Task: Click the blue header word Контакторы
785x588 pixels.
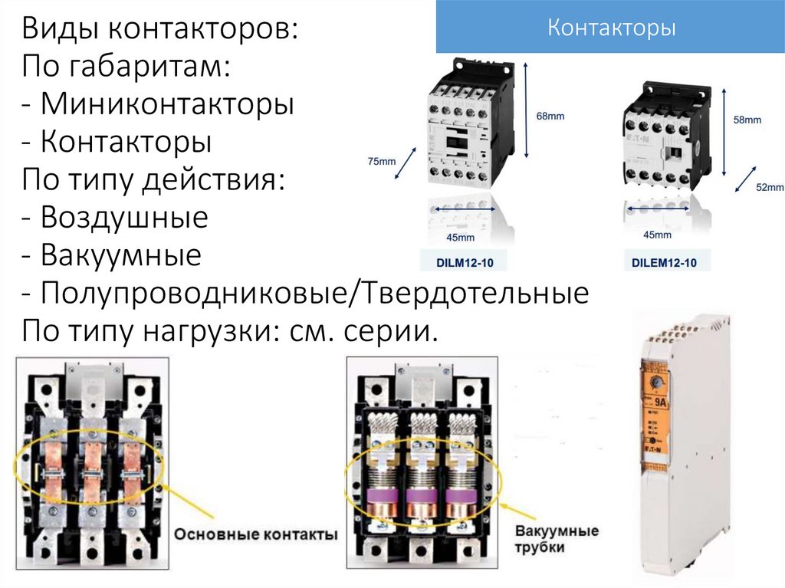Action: (611, 29)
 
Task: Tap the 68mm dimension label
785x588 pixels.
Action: (550, 116)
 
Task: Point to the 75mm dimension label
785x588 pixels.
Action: (382, 161)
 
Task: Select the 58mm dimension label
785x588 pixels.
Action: (747, 120)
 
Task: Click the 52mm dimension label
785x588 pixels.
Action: (769, 187)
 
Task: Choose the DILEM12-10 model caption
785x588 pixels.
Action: (664, 263)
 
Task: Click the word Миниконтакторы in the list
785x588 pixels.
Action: (168, 105)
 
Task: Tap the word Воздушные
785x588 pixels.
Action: (124, 218)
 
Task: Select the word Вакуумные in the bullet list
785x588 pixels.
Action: (121, 255)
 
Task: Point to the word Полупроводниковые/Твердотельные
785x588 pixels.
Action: (315, 293)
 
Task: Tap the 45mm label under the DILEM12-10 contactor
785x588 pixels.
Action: (657, 235)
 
